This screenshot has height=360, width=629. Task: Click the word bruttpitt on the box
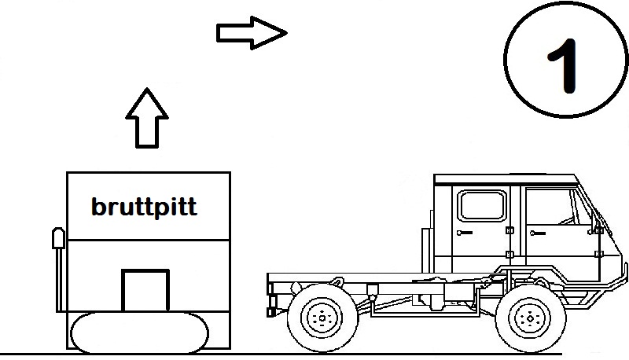(x=144, y=208)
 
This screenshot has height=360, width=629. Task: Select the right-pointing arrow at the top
(x=252, y=32)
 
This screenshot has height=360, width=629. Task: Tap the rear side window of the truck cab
(x=481, y=205)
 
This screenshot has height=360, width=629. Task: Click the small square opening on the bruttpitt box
(x=145, y=291)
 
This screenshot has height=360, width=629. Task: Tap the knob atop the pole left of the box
(x=57, y=237)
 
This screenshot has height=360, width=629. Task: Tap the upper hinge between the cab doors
(x=509, y=230)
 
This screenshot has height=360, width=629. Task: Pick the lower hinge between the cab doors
(x=509, y=255)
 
